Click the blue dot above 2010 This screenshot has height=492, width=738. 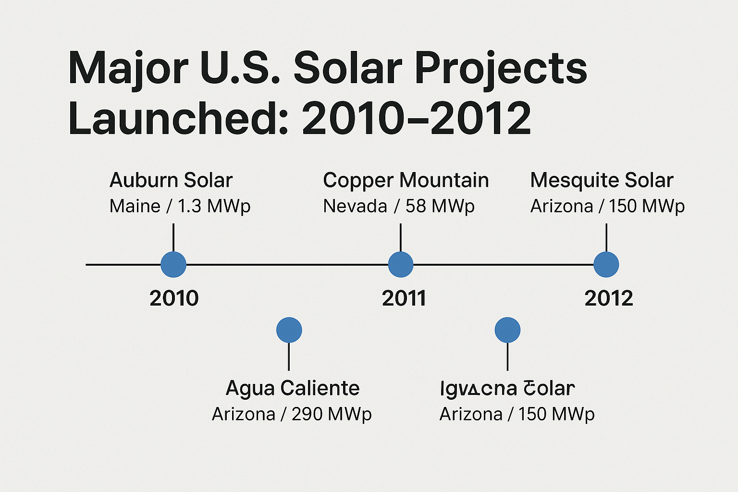click(173, 264)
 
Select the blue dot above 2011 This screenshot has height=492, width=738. click(400, 264)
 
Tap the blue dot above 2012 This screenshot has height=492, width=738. click(606, 264)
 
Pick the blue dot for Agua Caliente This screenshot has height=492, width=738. click(289, 330)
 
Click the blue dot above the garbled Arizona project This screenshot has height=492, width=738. click(507, 330)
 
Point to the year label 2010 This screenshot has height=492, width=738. click(174, 298)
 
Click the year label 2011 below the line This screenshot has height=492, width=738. click(404, 298)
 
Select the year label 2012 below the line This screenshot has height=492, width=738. click(609, 298)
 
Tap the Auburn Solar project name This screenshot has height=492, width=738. click(171, 181)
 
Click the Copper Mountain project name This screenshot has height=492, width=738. click(406, 181)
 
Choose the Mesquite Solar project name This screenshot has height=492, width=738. click(602, 181)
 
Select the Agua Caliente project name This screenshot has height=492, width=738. click(293, 388)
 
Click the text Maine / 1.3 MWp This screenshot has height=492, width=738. click(180, 207)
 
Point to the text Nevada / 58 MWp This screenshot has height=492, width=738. click(399, 207)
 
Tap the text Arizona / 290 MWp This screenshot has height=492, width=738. click(292, 414)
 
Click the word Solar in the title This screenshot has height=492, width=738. click(347, 68)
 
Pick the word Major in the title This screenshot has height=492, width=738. click(128, 69)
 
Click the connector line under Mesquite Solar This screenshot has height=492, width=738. click(606, 237)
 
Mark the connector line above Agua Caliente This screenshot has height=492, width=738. click(289, 357)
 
